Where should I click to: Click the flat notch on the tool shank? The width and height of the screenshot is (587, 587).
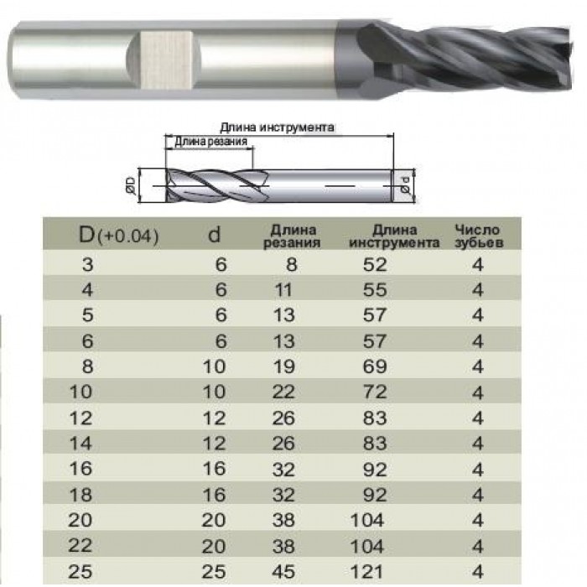coord(164,60)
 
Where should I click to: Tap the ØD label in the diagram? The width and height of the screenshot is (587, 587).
coord(131,185)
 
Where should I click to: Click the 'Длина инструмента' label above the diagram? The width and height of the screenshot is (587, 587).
coord(277,127)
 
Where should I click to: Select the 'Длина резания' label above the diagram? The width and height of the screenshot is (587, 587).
coord(210,142)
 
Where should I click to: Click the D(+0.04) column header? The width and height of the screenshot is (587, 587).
coord(119,235)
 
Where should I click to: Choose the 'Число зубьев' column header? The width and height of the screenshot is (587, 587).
coord(479,236)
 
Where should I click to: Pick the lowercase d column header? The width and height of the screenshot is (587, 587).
coord(214,235)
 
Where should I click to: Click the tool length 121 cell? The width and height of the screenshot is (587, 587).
coord(367,572)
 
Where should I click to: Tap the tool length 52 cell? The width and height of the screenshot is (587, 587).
coord(375,265)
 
